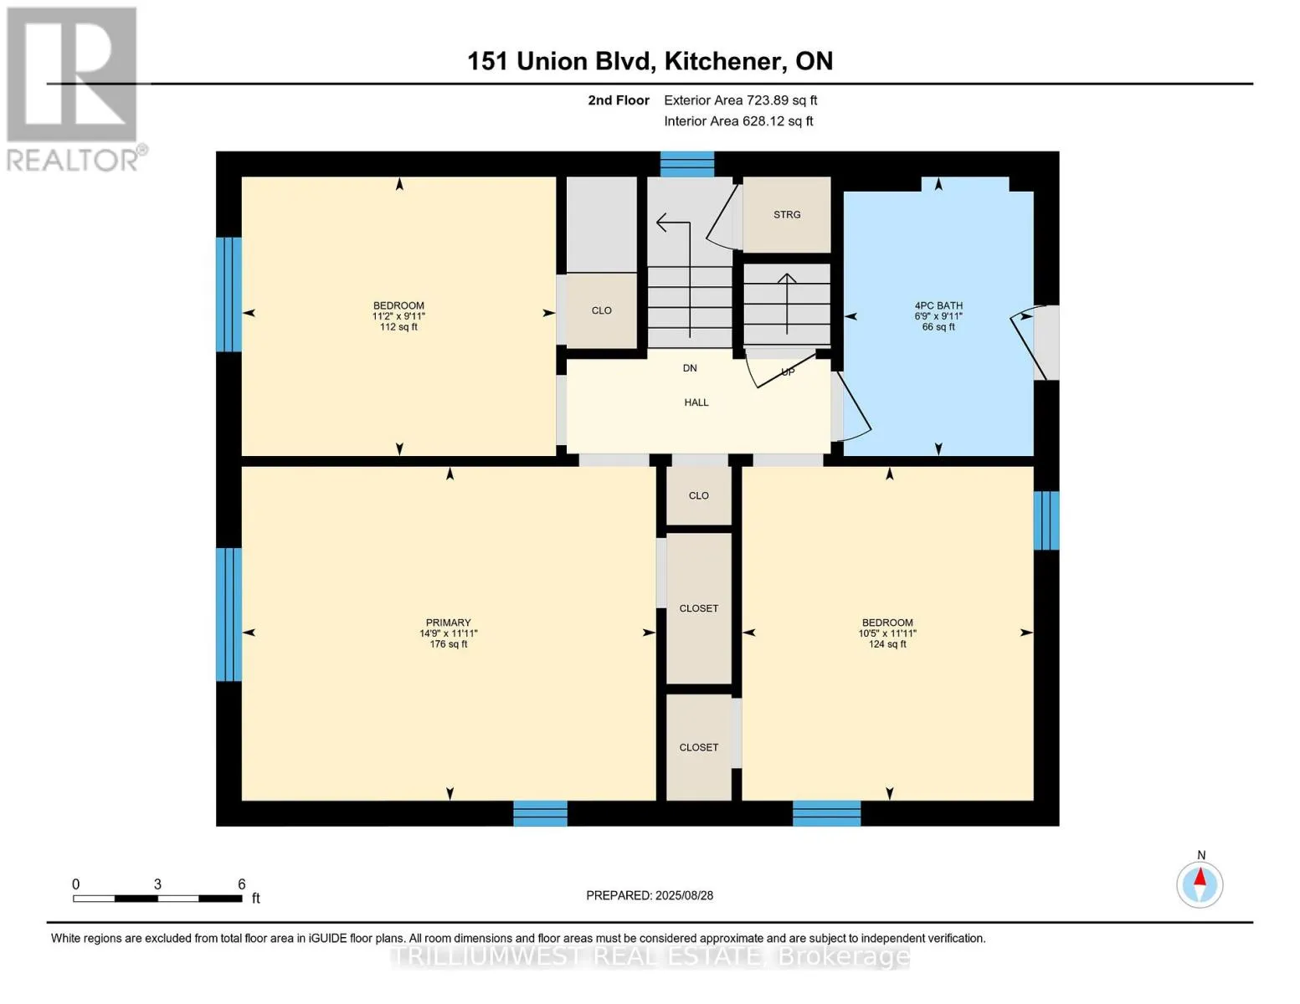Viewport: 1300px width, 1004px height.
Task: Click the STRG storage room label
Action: pyautogui.click(x=786, y=215)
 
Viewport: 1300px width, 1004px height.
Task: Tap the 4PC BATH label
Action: pyautogui.click(x=938, y=305)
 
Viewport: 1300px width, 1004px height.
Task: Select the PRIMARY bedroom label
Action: pyautogui.click(x=448, y=622)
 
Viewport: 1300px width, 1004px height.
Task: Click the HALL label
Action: pyautogui.click(x=696, y=402)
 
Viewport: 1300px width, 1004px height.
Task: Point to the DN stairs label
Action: pyautogui.click(x=690, y=368)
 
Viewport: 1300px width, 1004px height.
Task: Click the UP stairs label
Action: pyautogui.click(x=788, y=372)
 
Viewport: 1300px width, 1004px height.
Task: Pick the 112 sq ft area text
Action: pyautogui.click(x=398, y=327)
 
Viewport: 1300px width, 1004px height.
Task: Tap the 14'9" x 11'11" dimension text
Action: pyautogui.click(x=448, y=633)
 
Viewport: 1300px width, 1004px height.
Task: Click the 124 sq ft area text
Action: pyautogui.click(x=887, y=644)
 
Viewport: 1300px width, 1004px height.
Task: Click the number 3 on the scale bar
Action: pyautogui.click(x=157, y=884)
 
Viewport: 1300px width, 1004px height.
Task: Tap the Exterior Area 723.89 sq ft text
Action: pyautogui.click(x=740, y=100)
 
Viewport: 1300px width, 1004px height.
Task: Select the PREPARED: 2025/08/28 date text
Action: pyautogui.click(x=649, y=896)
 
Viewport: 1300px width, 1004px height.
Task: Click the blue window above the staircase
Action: pyautogui.click(x=686, y=165)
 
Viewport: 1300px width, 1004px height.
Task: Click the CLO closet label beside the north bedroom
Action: pyautogui.click(x=601, y=310)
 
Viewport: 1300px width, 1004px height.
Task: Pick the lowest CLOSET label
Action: pyautogui.click(x=698, y=747)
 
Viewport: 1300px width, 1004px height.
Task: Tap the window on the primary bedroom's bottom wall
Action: pyautogui.click(x=540, y=813)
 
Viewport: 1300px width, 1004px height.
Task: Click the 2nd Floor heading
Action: pyautogui.click(x=618, y=100)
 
